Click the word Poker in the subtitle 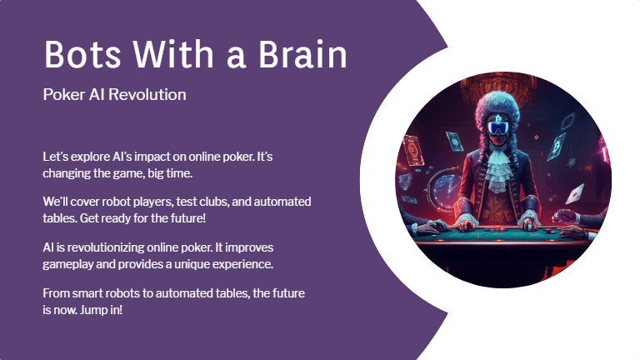coord(62,95)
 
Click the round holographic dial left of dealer coord(443,182)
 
